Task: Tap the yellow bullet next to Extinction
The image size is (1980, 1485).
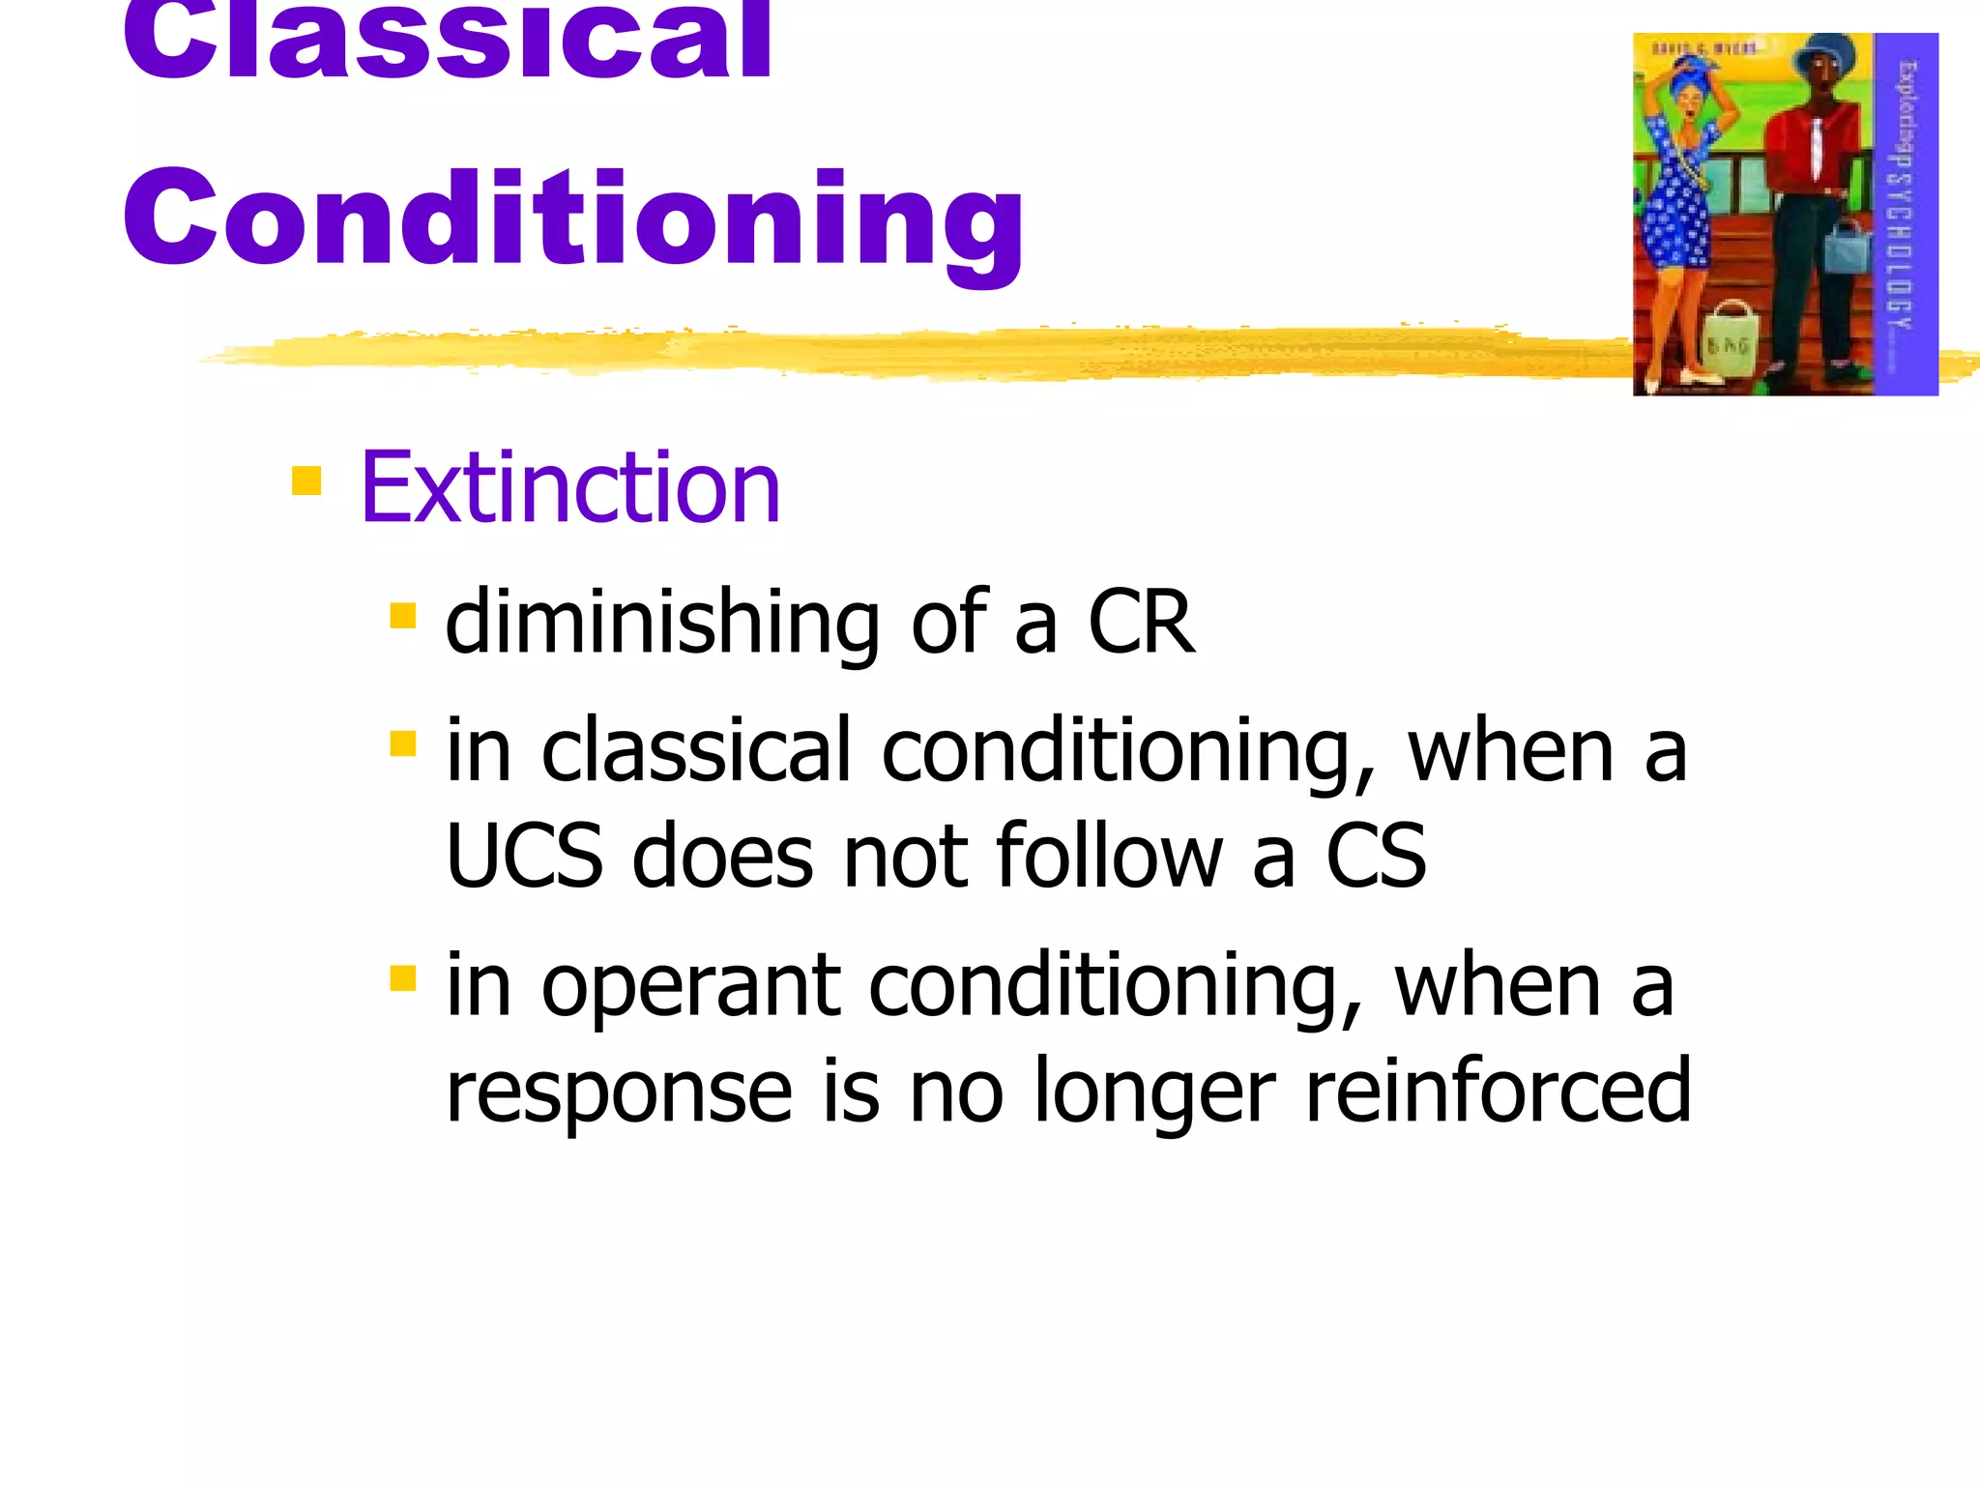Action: (306, 480)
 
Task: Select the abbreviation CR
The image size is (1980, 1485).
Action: (1141, 624)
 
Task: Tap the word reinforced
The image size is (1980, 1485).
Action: (1498, 1092)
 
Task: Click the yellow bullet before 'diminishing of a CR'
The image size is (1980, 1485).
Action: (403, 616)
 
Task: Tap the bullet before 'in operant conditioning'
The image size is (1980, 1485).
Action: (403, 978)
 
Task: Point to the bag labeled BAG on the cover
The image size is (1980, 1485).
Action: (1729, 338)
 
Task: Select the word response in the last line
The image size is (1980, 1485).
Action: (619, 1092)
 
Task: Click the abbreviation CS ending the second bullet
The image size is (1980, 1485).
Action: (1375, 856)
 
